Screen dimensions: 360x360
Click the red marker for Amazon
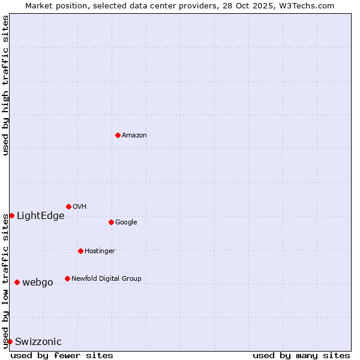point(118,135)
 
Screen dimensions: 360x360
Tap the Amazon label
point(134,136)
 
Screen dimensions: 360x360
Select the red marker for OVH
point(68,206)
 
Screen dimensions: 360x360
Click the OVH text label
point(80,207)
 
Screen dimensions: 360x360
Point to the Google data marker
point(111,222)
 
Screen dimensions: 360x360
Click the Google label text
point(126,223)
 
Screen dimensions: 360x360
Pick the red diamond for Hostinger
point(80,251)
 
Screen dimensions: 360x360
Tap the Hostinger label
point(100,251)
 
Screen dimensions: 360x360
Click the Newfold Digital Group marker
point(67,278)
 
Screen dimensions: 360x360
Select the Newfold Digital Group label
point(107,279)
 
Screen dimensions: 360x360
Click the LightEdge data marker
point(11,215)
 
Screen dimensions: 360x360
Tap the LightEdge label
point(41,216)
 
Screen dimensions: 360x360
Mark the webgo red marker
point(17,282)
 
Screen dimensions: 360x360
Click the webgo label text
point(38,283)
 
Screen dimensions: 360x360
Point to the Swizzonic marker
point(10,341)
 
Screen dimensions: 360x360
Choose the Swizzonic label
point(38,342)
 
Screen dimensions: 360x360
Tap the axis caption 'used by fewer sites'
point(62,355)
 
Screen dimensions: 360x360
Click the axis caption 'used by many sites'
point(301,355)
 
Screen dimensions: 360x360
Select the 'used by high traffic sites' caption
point(6,85)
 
